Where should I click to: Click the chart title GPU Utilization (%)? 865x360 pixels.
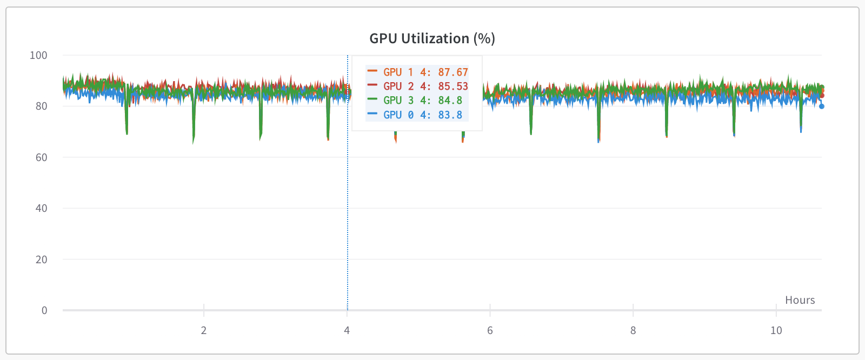pos(432,38)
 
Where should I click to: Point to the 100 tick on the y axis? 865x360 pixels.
pos(38,55)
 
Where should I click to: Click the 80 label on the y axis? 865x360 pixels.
pos(41,106)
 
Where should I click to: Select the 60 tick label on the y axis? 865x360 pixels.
pos(41,157)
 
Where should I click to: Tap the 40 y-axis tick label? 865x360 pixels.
pos(41,208)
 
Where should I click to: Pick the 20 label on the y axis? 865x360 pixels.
pos(41,259)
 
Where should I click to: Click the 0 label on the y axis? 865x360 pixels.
pos(44,310)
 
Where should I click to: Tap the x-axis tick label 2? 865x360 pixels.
pos(204,330)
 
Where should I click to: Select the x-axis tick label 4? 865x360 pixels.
pos(347,330)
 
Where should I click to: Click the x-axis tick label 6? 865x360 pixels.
pos(490,330)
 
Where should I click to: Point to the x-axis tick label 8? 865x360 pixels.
pos(633,330)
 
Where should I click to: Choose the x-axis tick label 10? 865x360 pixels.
pos(776,330)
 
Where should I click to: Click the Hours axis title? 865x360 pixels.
pos(800,300)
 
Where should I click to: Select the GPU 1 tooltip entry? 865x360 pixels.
pos(398,72)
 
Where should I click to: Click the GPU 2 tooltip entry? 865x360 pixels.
pos(398,86)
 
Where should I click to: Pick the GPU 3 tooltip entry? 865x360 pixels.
pos(398,100)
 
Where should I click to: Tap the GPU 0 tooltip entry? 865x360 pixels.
pos(398,115)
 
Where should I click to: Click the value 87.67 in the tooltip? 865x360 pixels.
pos(453,72)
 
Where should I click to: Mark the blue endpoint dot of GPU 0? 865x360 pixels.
pos(822,106)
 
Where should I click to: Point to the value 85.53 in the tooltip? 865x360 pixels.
pos(453,86)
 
